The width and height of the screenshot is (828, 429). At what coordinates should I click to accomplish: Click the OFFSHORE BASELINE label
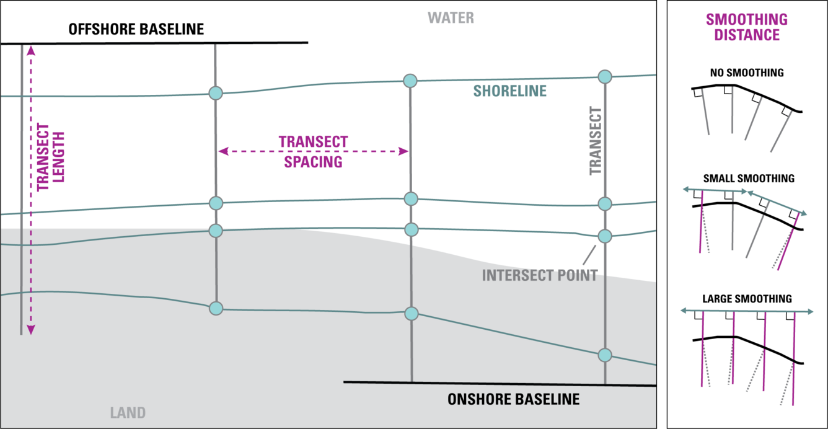pos(136,29)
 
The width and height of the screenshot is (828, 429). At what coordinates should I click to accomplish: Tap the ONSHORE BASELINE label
pos(513,399)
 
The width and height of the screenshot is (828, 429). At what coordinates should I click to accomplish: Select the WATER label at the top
pos(452,18)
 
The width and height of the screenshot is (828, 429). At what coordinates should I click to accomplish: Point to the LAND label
pos(128,412)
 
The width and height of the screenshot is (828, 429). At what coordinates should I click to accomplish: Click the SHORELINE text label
pos(510,92)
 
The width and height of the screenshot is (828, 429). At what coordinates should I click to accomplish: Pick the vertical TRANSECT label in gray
pos(596,141)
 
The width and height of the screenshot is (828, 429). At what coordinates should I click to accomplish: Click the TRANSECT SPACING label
pos(313,152)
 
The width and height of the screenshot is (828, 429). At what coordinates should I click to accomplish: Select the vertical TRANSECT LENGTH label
pos(51,157)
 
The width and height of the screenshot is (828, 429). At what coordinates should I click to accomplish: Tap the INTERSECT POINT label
pos(539,275)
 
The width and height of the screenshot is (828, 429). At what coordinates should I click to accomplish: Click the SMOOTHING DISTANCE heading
pos(747,27)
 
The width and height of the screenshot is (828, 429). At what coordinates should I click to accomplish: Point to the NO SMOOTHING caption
pos(747,73)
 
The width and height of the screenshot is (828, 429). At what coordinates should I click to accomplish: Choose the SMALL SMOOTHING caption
pos(749,179)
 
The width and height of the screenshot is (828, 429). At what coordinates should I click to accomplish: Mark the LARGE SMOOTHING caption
pos(747,299)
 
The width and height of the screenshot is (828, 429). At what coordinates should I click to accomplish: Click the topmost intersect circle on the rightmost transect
pos(604,76)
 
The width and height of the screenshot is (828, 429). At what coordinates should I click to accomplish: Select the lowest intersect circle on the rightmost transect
pos(605,355)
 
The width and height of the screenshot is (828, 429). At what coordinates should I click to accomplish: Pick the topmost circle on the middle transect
pos(410,81)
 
